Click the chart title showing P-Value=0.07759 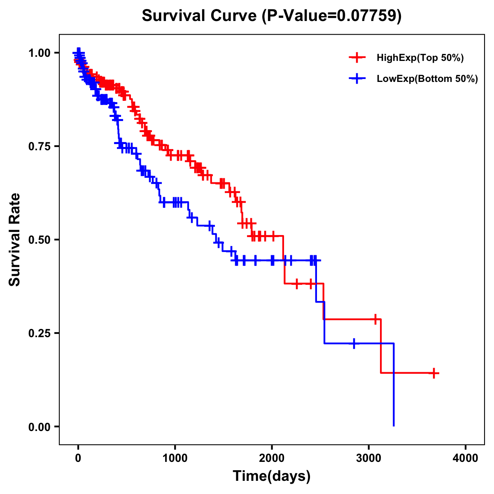click(271, 16)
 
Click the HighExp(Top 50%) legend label click(420, 58)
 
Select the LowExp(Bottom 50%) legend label click(427, 79)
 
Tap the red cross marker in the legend click(357, 58)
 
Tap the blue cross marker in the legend click(357, 79)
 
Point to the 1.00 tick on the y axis click(40, 53)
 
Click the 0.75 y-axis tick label click(40, 147)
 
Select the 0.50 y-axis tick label click(40, 240)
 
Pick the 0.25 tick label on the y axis click(40, 333)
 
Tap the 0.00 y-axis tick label click(40, 427)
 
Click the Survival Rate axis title click(15, 240)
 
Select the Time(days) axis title click(271, 476)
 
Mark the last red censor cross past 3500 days click(434, 373)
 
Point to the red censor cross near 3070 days click(375, 319)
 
